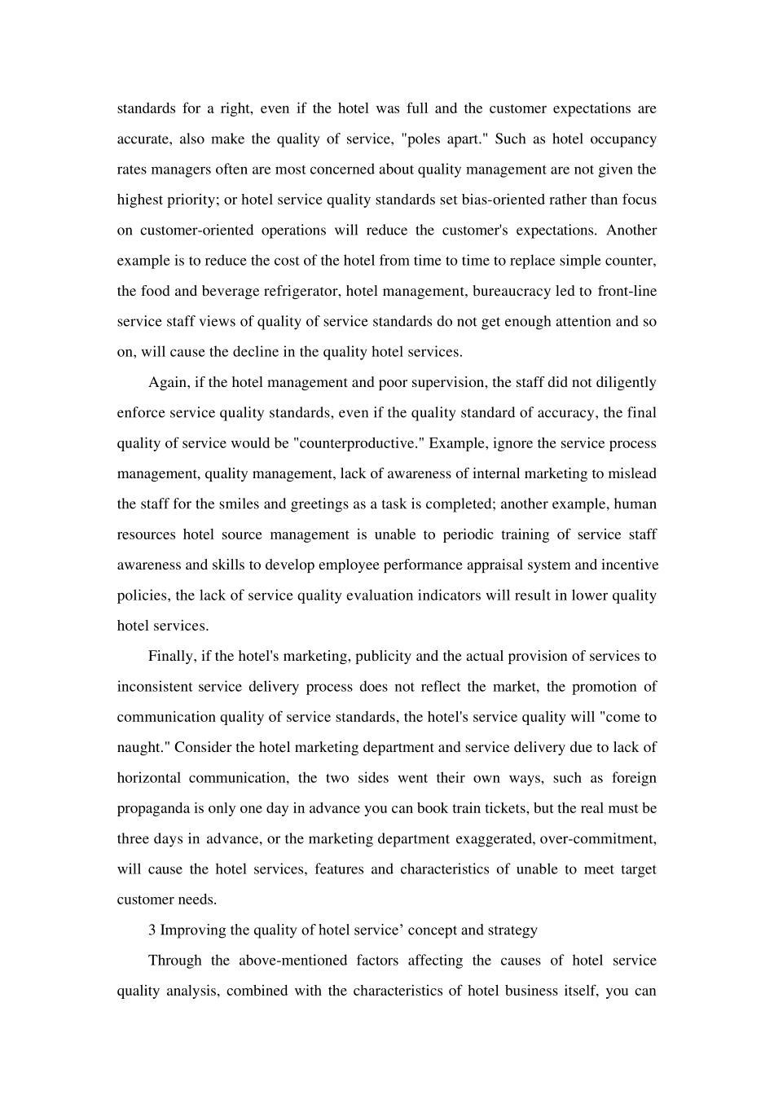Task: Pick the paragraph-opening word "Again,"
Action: pyautogui.click(x=169, y=382)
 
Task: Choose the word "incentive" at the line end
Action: pyautogui.click(x=625, y=565)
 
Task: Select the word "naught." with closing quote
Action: pyautogui.click(x=143, y=747)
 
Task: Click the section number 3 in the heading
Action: pyautogui.click(x=152, y=930)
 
